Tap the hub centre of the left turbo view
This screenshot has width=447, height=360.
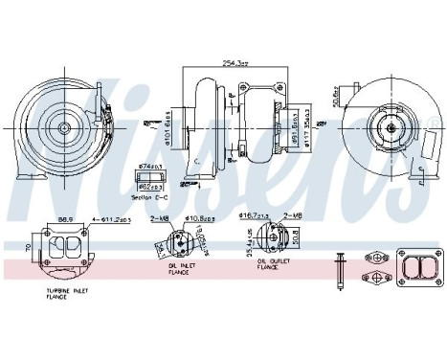pyautogui.click(x=66, y=125)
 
